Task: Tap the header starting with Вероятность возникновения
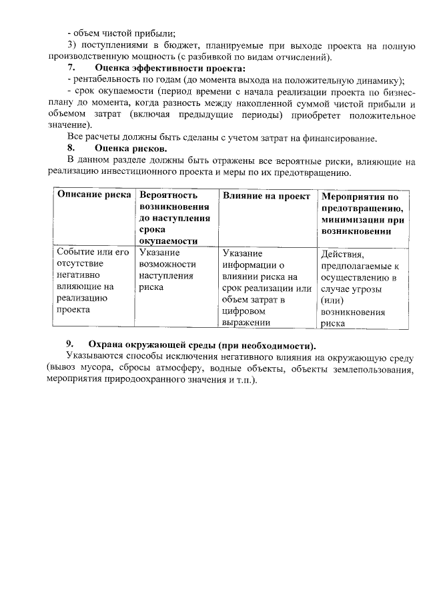[x=175, y=218]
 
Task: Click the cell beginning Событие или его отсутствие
[x=93, y=281]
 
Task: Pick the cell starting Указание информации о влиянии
[x=266, y=288]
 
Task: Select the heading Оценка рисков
[x=131, y=147]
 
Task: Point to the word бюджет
[x=215, y=45]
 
